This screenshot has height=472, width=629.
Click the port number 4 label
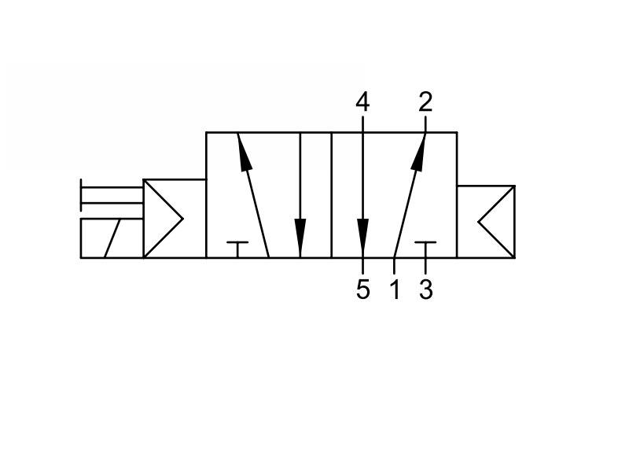pos(362,101)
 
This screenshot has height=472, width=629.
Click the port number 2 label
pos(425,101)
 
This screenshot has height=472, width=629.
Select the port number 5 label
pos(362,289)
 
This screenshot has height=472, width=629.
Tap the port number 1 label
pos(395,289)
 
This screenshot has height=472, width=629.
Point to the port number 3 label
pos(426,289)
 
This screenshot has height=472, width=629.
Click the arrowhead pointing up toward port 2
pos(419,153)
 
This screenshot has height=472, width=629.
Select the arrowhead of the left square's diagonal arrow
pos(245,153)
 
